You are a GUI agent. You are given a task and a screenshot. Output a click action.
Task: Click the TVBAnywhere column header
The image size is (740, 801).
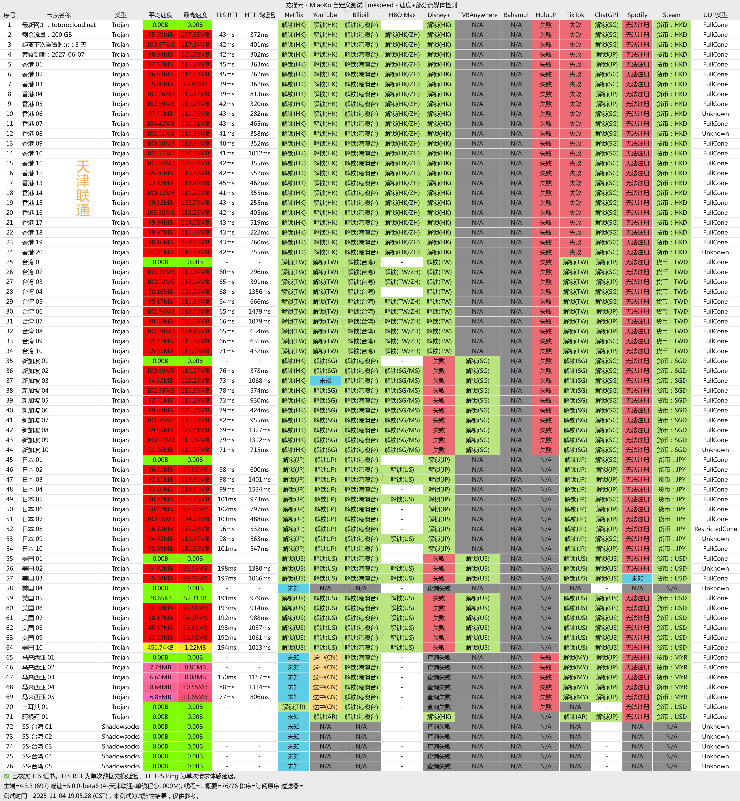coord(477,15)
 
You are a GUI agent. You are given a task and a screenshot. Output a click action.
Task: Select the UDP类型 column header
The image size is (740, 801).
coord(715,15)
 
